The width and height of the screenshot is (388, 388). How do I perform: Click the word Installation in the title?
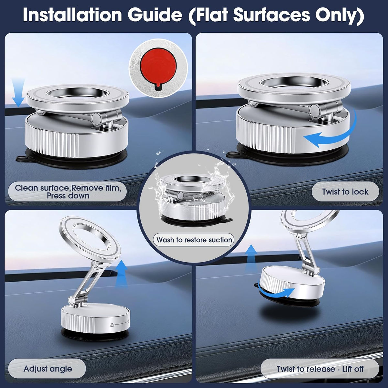tap(72, 15)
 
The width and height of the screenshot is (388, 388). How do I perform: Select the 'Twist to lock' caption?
tap(345, 191)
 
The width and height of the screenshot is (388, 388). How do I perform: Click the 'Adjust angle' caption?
tap(48, 369)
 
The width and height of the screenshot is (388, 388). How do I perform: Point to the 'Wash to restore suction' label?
tap(194, 240)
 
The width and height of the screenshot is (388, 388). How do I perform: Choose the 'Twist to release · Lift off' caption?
tap(320, 369)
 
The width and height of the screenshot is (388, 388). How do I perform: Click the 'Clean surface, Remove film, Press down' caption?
tap(68, 191)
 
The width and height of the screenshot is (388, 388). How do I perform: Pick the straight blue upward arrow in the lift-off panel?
tap(251, 259)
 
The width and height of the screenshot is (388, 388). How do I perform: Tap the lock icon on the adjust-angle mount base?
tap(112, 325)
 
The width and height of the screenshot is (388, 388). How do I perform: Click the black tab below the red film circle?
tap(158, 87)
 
